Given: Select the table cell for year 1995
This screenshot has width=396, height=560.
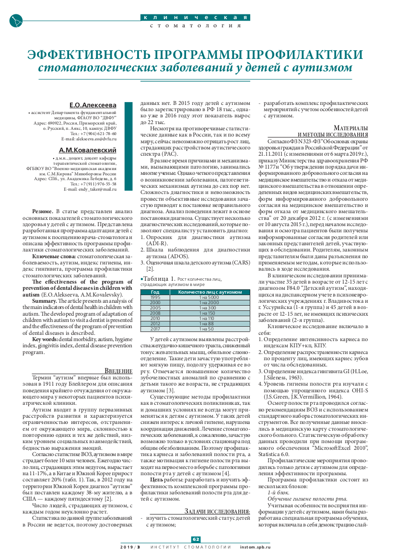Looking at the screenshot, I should (x=155, y=297).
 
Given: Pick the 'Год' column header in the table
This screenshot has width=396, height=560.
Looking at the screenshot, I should (x=155, y=292).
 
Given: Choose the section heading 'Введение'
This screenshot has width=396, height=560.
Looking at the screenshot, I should (x=118, y=370).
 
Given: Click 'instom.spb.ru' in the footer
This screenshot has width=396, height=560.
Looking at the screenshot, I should (x=255, y=547).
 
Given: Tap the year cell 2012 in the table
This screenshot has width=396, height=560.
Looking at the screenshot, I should (x=155, y=324).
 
